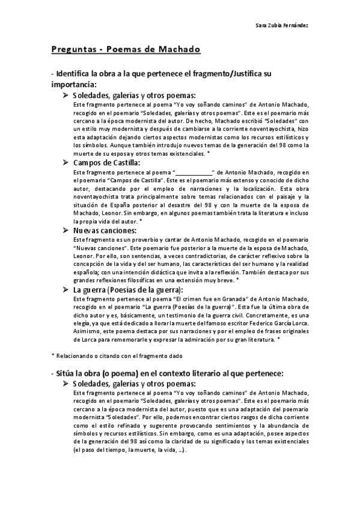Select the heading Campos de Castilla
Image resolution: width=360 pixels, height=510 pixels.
click(106, 162)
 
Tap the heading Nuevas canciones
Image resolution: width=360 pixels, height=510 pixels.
click(105, 230)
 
